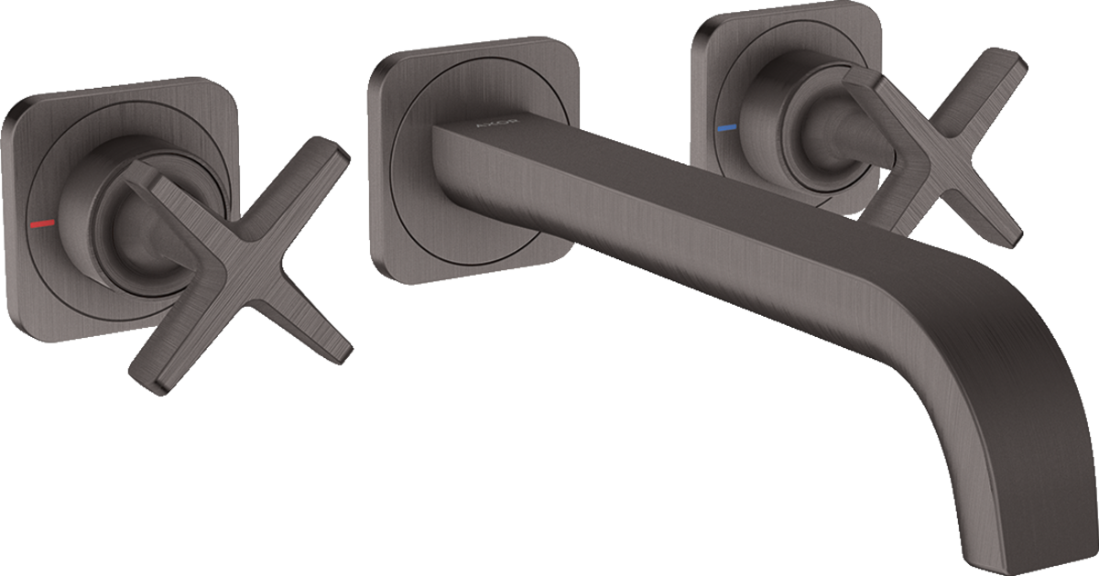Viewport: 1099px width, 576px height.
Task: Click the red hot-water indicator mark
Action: (x=42, y=223)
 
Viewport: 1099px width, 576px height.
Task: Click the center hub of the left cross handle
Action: (x=223, y=228)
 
